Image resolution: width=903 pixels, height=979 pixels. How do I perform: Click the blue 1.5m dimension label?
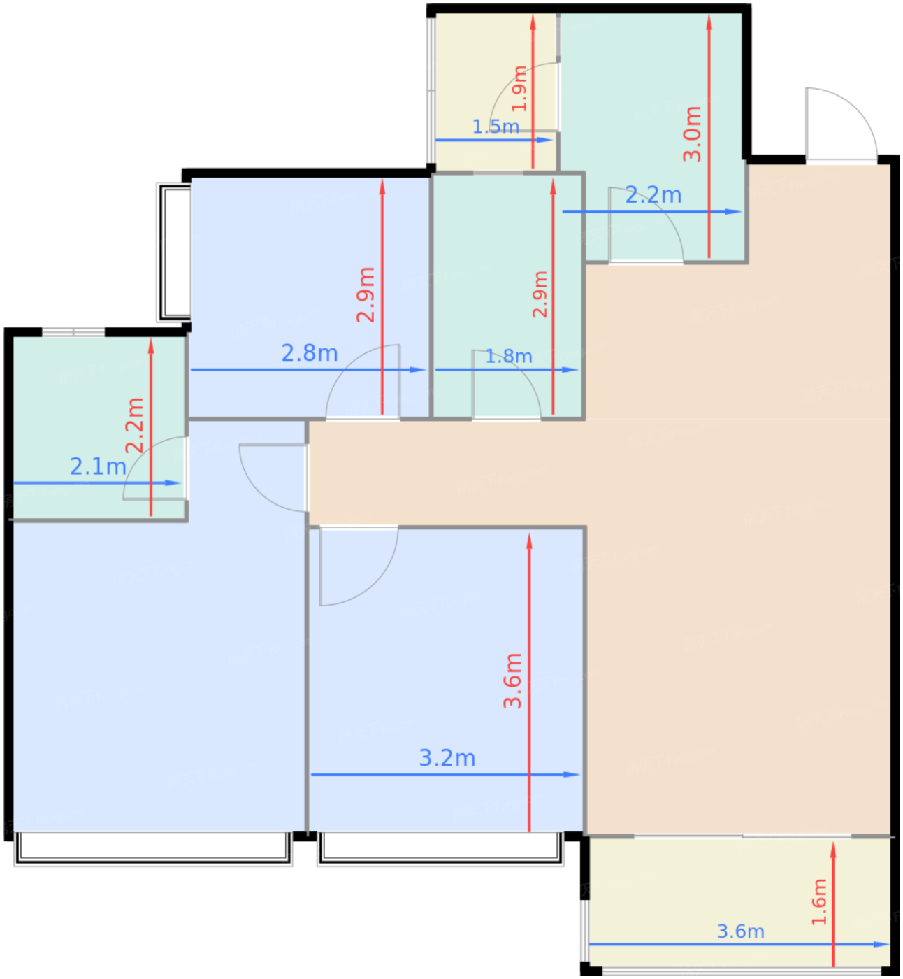[x=496, y=127]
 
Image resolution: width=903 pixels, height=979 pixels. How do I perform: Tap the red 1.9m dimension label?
[x=519, y=89]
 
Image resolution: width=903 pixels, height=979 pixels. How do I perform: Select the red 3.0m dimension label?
[x=692, y=134]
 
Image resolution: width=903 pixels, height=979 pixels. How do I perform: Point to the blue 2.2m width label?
[x=653, y=195]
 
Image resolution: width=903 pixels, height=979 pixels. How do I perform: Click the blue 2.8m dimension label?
[x=310, y=353]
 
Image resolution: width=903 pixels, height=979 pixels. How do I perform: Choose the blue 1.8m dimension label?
[x=509, y=357]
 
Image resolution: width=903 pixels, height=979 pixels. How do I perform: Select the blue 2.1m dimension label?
[x=98, y=466]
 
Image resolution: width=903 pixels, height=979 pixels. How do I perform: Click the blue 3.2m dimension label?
[x=447, y=758]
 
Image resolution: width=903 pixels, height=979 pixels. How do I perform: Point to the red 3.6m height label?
[x=512, y=680]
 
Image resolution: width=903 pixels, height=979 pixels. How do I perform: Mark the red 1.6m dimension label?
[x=819, y=902]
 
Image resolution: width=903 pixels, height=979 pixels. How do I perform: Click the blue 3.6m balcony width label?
[x=740, y=931]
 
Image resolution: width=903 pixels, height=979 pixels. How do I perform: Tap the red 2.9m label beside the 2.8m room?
[x=366, y=294]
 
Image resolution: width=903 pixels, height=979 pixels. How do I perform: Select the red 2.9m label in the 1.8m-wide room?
[x=540, y=294]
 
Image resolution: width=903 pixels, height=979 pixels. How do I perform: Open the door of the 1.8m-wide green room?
[x=505, y=385]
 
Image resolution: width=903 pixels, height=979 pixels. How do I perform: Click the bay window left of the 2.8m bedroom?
[x=174, y=252]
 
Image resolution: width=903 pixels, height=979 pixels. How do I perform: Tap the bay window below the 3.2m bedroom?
[x=440, y=848]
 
